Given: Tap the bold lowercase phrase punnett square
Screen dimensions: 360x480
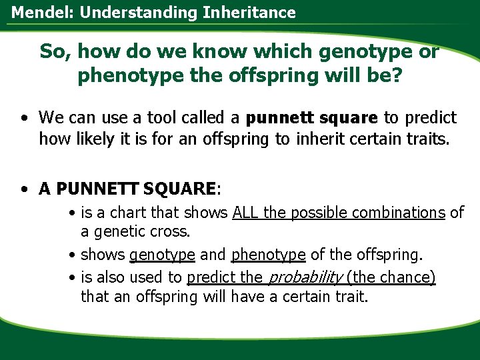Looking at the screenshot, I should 312,119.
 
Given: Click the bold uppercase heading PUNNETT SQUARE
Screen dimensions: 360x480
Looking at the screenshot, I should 137,189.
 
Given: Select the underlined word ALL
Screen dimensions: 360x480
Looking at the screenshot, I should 246,213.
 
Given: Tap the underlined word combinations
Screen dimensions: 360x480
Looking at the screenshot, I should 399,213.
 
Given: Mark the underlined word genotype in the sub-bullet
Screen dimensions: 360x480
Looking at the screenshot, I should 162,255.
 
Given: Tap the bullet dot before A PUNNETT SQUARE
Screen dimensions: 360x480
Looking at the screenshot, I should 23,190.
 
